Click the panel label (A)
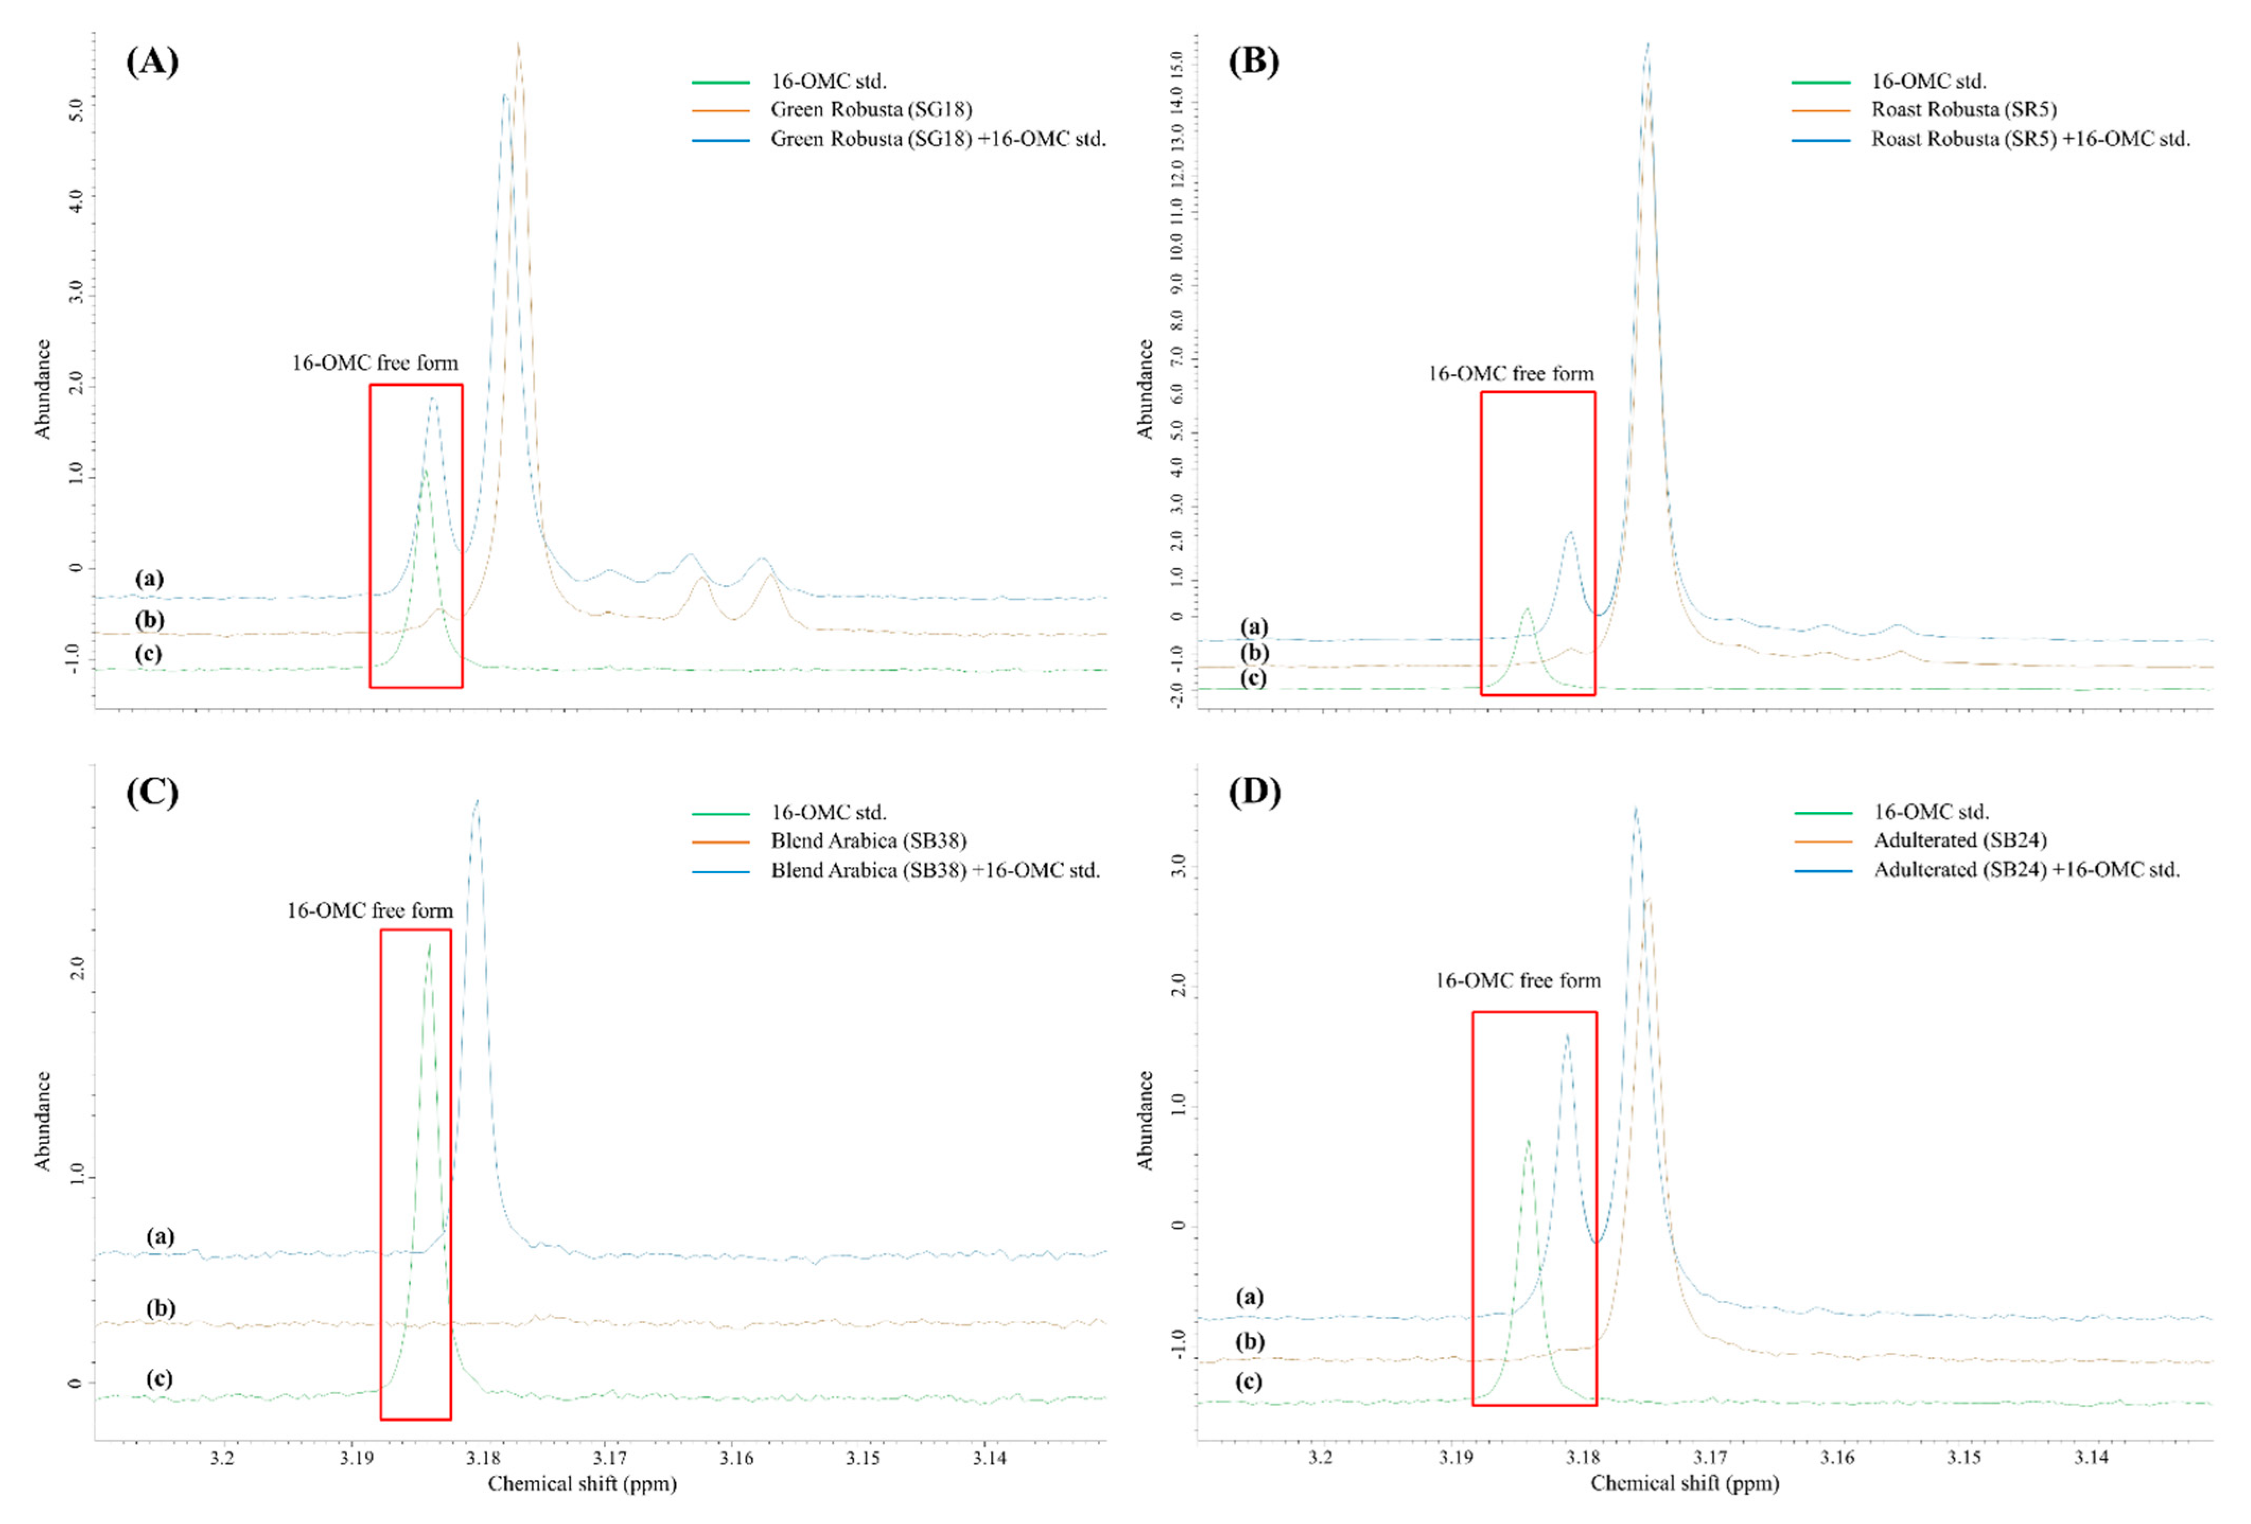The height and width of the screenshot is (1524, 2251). [x=152, y=62]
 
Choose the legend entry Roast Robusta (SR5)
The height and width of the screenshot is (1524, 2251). [x=1963, y=109]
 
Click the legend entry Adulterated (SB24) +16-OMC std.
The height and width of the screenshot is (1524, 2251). [x=2026, y=870]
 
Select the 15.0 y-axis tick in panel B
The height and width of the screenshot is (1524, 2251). [x=1177, y=64]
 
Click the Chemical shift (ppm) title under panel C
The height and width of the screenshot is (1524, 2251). [x=582, y=1483]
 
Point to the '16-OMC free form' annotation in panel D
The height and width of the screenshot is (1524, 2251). [x=1518, y=981]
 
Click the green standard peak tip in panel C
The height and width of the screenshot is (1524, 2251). [x=429, y=944]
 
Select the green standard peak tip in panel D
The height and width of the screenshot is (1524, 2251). [x=1528, y=1140]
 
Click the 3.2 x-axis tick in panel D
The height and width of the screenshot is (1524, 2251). [x=1320, y=1458]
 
